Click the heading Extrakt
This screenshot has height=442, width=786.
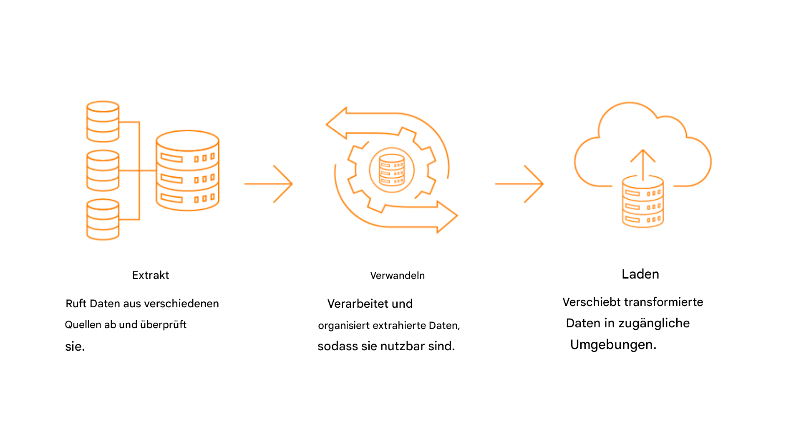(x=151, y=275)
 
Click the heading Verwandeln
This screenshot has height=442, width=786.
(x=397, y=276)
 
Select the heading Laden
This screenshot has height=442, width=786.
(x=640, y=274)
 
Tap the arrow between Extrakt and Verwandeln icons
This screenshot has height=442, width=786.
(x=269, y=184)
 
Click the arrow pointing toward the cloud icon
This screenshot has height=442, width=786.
(x=519, y=184)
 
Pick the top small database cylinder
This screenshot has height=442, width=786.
(x=103, y=121)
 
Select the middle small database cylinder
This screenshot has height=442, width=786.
(x=103, y=170)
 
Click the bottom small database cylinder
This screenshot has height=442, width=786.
(x=103, y=219)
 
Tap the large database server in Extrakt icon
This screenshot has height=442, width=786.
(x=187, y=171)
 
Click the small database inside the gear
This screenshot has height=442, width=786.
(x=392, y=170)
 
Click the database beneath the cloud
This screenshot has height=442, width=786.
(x=642, y=203)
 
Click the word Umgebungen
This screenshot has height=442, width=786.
(x=613, y=345)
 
